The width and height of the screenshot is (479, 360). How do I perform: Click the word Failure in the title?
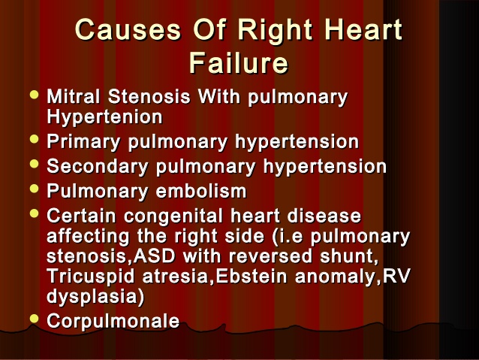(x=239, y=63)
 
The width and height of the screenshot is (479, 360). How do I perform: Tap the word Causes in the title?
(x=128, y=29)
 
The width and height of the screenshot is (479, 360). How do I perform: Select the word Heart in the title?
(x=363, y=29)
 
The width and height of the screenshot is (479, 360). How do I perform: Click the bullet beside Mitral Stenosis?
(x=35, y=95)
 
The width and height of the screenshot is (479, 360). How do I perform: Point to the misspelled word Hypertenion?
(x=104, y=116)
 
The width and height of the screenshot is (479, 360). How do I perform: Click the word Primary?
(x=83, y=143)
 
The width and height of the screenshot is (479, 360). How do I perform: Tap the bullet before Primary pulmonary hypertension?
(x=35, y=139)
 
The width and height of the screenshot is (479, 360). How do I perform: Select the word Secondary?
(x=98, y=167)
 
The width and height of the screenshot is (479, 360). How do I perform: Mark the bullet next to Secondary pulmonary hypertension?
(x=35, y=164)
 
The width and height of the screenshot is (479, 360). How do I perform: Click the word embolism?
(x=201, y=191)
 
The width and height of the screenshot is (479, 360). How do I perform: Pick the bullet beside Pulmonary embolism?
(x=35, y=189)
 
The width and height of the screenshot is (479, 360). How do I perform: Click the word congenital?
(x=173, y=216)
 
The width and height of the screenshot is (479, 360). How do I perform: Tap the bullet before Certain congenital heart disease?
(x=35, y=213)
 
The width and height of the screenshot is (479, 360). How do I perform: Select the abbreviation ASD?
(x=154, y=256)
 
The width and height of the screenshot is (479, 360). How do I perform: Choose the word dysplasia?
(x=92, y=297)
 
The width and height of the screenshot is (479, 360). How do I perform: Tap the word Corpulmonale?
(x=113, y=322)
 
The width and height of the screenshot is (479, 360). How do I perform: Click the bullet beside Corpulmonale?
(x=35, y=319)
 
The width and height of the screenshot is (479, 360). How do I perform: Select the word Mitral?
(x=74, y=97)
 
